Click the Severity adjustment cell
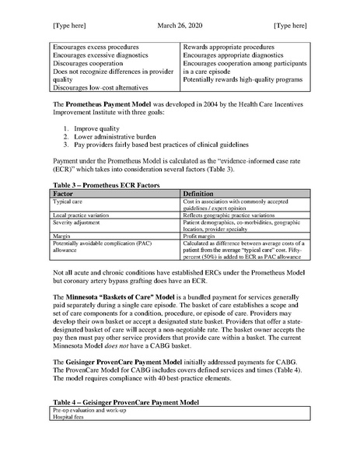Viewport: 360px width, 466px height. tap(76, 221)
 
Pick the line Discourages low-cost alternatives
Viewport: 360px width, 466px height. tap(102, 86)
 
